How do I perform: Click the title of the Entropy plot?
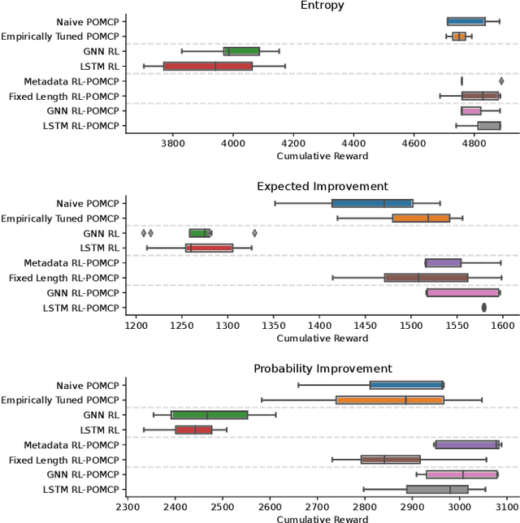coord(322,6)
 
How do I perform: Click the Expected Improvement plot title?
coord(322,187)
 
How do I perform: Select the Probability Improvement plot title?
coord(322,369)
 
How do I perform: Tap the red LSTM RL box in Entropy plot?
coord(208,66)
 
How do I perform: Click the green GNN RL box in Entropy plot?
coord(241,51)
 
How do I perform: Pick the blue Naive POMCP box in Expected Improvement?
coord(372,203)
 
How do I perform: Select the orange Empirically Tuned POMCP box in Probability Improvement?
coord(390,400)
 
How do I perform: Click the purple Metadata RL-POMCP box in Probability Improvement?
coord(466,444)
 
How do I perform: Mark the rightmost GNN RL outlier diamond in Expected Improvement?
coord(254,233)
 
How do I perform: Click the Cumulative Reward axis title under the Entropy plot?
coord(322,156)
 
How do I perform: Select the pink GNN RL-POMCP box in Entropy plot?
coord(470,110)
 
